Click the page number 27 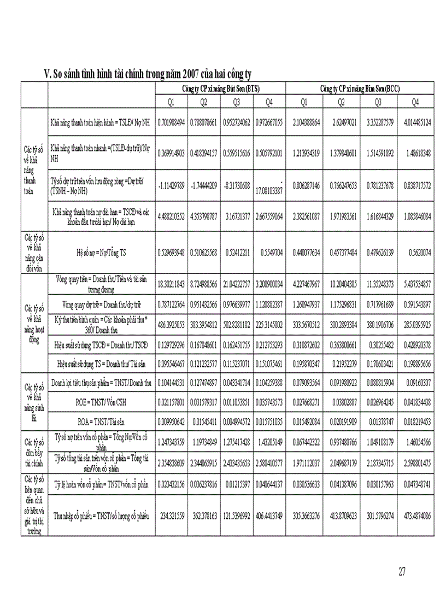click(x=402, y=572)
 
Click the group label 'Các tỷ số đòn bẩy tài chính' click(x=33, y=452)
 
